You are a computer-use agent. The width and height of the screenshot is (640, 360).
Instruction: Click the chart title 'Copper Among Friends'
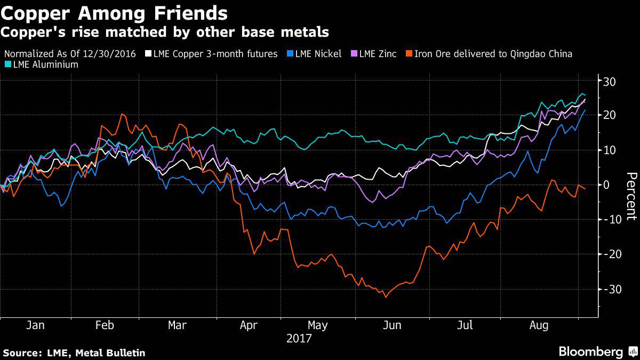(114, 12)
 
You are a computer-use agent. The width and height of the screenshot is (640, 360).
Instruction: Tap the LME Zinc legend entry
(374, 54)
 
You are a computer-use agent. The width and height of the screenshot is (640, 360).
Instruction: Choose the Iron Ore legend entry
(489, 54)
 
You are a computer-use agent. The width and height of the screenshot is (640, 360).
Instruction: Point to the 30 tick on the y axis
(610, 81)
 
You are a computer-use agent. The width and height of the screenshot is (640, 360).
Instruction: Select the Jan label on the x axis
(35, 325)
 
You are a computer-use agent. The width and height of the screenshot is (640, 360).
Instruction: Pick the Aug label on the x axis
(539, 325)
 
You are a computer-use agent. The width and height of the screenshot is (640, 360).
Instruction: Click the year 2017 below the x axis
(299, 338)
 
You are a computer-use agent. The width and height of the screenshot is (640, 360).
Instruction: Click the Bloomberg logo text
(590, 351)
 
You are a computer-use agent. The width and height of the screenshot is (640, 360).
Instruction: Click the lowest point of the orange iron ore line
(385, 297)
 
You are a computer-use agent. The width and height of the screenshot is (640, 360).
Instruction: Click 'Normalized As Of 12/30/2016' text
(73, 54)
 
